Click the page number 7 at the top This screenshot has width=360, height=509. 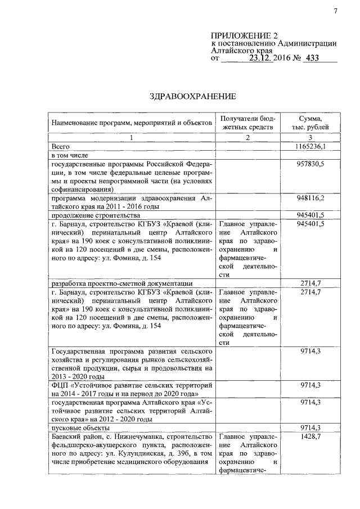click(335, 12)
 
